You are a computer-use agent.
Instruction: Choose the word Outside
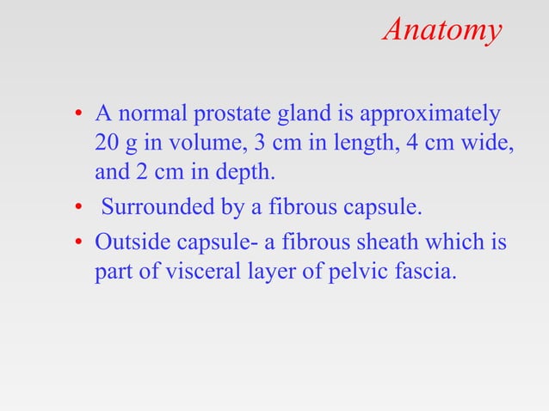(127, 243)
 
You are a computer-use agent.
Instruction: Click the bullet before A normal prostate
(77, 114)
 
